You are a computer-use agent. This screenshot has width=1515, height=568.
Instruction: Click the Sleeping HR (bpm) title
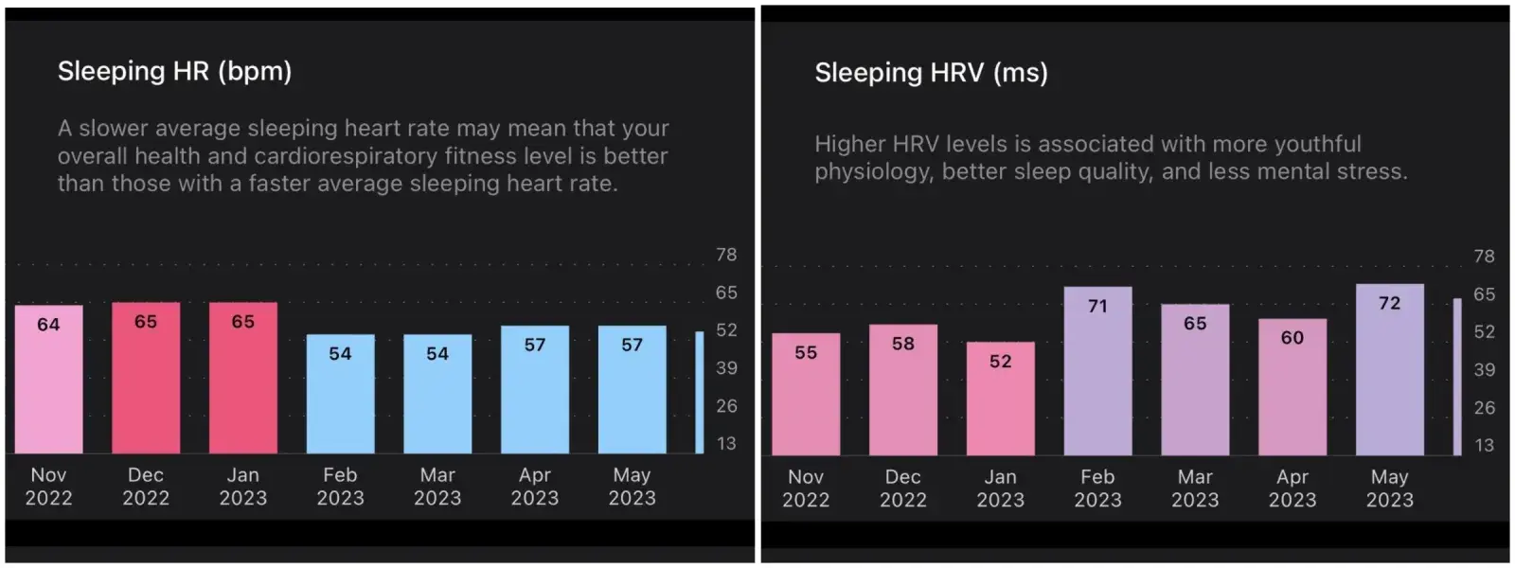174,71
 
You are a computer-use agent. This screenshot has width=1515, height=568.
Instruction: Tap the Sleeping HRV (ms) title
931,73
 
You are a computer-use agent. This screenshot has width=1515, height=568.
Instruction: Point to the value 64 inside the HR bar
48,325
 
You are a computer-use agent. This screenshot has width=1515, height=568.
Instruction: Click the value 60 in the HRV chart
1292,338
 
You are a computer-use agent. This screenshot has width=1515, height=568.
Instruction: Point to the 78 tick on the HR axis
726,255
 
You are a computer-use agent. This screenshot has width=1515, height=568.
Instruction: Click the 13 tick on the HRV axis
1484,445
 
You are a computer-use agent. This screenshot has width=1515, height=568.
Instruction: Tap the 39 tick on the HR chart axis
726,367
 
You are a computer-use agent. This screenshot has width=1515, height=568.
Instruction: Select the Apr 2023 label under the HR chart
534,487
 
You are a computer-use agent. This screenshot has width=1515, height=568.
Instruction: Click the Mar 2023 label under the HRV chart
1195,488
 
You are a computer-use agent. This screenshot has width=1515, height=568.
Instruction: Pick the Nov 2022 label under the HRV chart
806,488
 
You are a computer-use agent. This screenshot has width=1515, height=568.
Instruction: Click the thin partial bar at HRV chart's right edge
1457,377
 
